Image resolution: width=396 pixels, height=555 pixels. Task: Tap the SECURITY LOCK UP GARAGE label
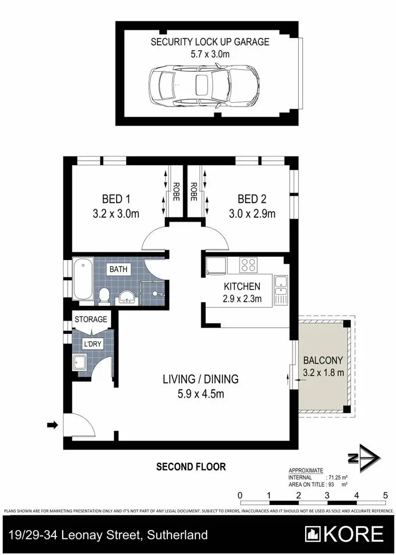[210, 42]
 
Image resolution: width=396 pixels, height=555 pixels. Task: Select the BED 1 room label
[116, 199]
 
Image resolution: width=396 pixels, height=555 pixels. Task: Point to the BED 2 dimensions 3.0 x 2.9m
[252, 214]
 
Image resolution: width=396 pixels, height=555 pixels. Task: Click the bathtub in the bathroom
[82, 279]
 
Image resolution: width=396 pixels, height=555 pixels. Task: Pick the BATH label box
[118, 270]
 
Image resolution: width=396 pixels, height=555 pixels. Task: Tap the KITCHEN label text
[242, 287]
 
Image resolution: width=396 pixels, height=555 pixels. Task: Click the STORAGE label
[91, 319]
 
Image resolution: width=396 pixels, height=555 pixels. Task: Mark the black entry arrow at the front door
[53, 425]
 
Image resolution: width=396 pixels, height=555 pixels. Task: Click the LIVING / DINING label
[201, 379]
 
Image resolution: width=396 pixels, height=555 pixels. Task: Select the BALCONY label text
[323, 361]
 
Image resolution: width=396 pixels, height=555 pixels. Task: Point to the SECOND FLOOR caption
[191, 466]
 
